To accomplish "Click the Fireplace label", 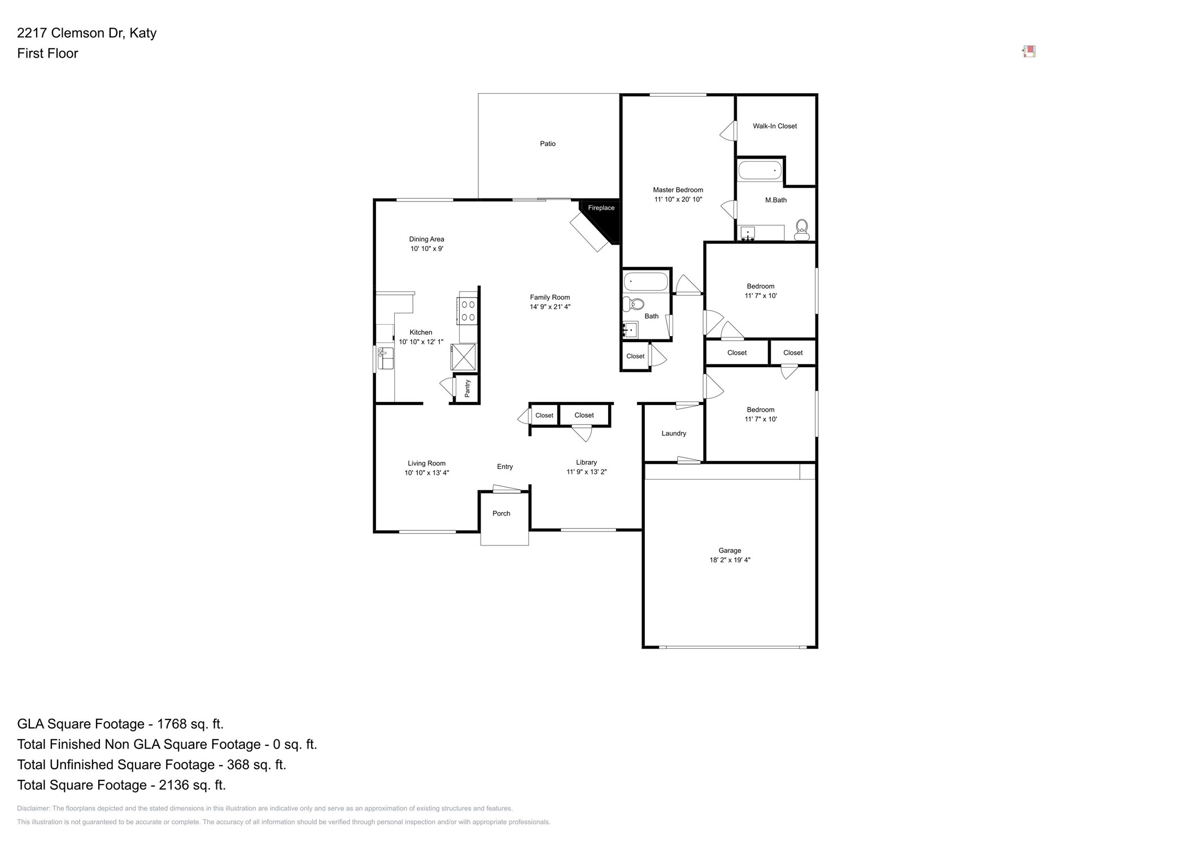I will click(x=601, y=208).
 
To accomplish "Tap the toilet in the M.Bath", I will click(x=801, y=230).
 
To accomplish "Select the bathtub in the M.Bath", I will click(x=760, y=171).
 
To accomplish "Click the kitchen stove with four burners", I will click(x=468, y=311).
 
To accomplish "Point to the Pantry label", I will click(x=468, y=389).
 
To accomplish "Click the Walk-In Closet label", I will click(x=774, y=126).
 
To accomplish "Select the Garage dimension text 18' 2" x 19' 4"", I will click(x=730, y=560).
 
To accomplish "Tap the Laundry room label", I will click(x=674, y=434).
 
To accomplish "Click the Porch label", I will click(x=501, y=513).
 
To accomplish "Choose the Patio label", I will click(x=547, y=144).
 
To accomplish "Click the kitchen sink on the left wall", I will click(x=386, y=359).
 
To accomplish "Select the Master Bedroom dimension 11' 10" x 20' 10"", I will click(x=678, y=199).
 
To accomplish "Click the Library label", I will click(x=586, y=463).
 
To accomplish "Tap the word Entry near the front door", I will click(x=505, y=466).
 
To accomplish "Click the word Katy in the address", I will click(x=143, y=33).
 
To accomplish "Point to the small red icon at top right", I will click(x=1029, y=52).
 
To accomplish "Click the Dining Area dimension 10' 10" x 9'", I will click(x=426, y=248).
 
